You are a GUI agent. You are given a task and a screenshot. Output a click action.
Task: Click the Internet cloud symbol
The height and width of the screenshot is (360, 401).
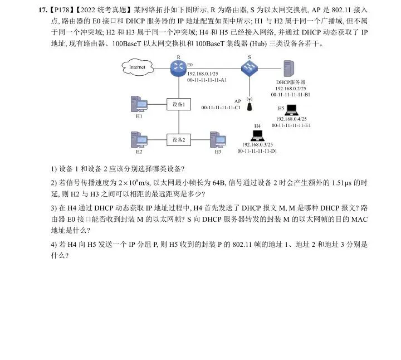tap(137, 67)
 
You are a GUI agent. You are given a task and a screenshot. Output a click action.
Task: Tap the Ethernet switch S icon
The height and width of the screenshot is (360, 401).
tap(249, 68)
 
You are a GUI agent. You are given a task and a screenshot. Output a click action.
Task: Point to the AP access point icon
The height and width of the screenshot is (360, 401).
tap(250, 105)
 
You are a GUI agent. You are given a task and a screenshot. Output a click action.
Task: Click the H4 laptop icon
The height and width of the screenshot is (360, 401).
tap(257, 135)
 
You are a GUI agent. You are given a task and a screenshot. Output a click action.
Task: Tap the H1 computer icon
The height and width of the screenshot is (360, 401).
tap(138, 104)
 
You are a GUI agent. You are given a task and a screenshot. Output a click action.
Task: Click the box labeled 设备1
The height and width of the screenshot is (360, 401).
tap(179, 104)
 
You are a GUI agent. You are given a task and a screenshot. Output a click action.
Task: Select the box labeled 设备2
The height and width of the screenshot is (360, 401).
tap(179, 139)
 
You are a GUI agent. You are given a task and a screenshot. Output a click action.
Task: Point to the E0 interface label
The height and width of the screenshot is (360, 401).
tap(190, 65)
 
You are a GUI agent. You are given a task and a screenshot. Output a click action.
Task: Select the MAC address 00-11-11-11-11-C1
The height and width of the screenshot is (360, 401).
tap(221, 108)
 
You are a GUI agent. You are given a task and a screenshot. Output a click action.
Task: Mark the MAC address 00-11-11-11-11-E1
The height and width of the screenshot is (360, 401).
tap(291, 125)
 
